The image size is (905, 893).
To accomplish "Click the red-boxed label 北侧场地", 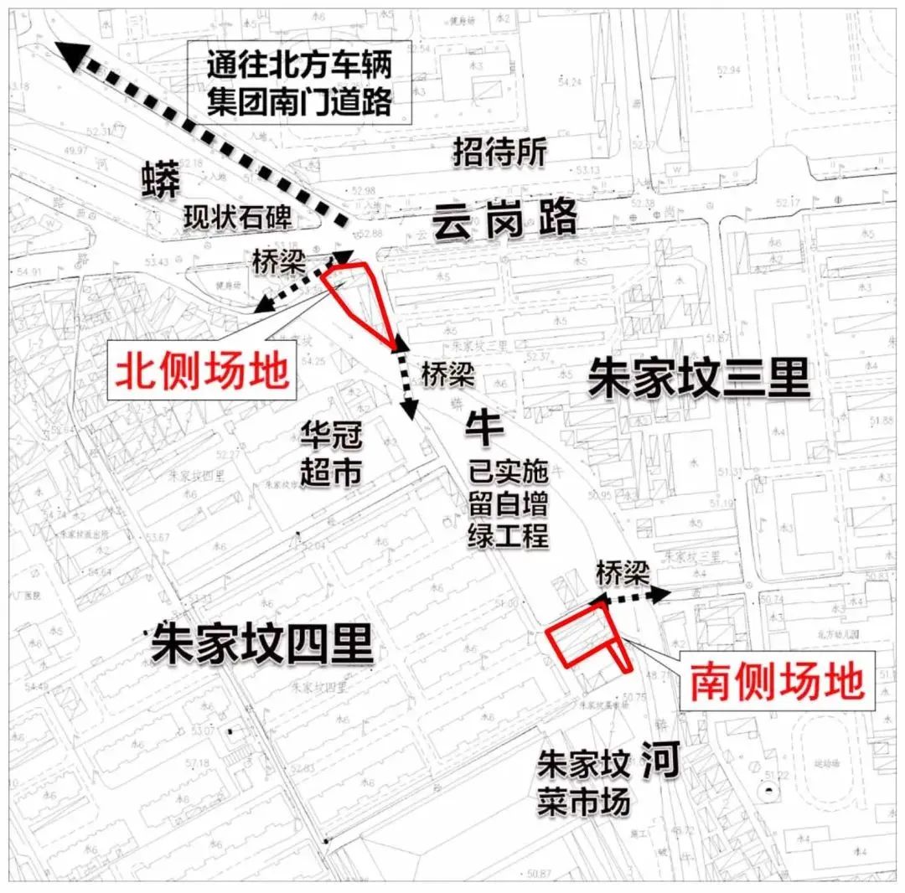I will (201, 369).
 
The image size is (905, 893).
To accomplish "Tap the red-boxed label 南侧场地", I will (775, 683).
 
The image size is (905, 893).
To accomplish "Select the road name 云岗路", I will (504, 221).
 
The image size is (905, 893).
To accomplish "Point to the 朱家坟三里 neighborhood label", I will (698, 379).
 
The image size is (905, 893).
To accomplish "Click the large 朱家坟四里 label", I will (261, 646).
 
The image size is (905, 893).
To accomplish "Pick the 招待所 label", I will (499, 152).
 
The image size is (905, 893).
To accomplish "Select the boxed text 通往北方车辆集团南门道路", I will (299, 83).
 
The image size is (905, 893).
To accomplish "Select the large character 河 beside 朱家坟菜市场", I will (659, 762).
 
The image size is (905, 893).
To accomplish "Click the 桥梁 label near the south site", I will (623, 573).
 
